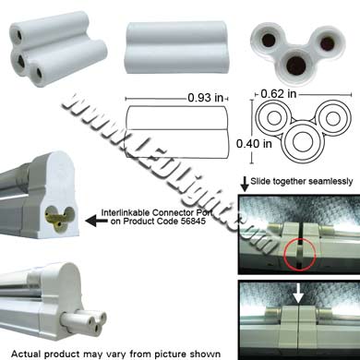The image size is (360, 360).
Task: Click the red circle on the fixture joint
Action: (299, 256)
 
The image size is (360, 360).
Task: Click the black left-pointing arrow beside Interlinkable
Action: (91, 221)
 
